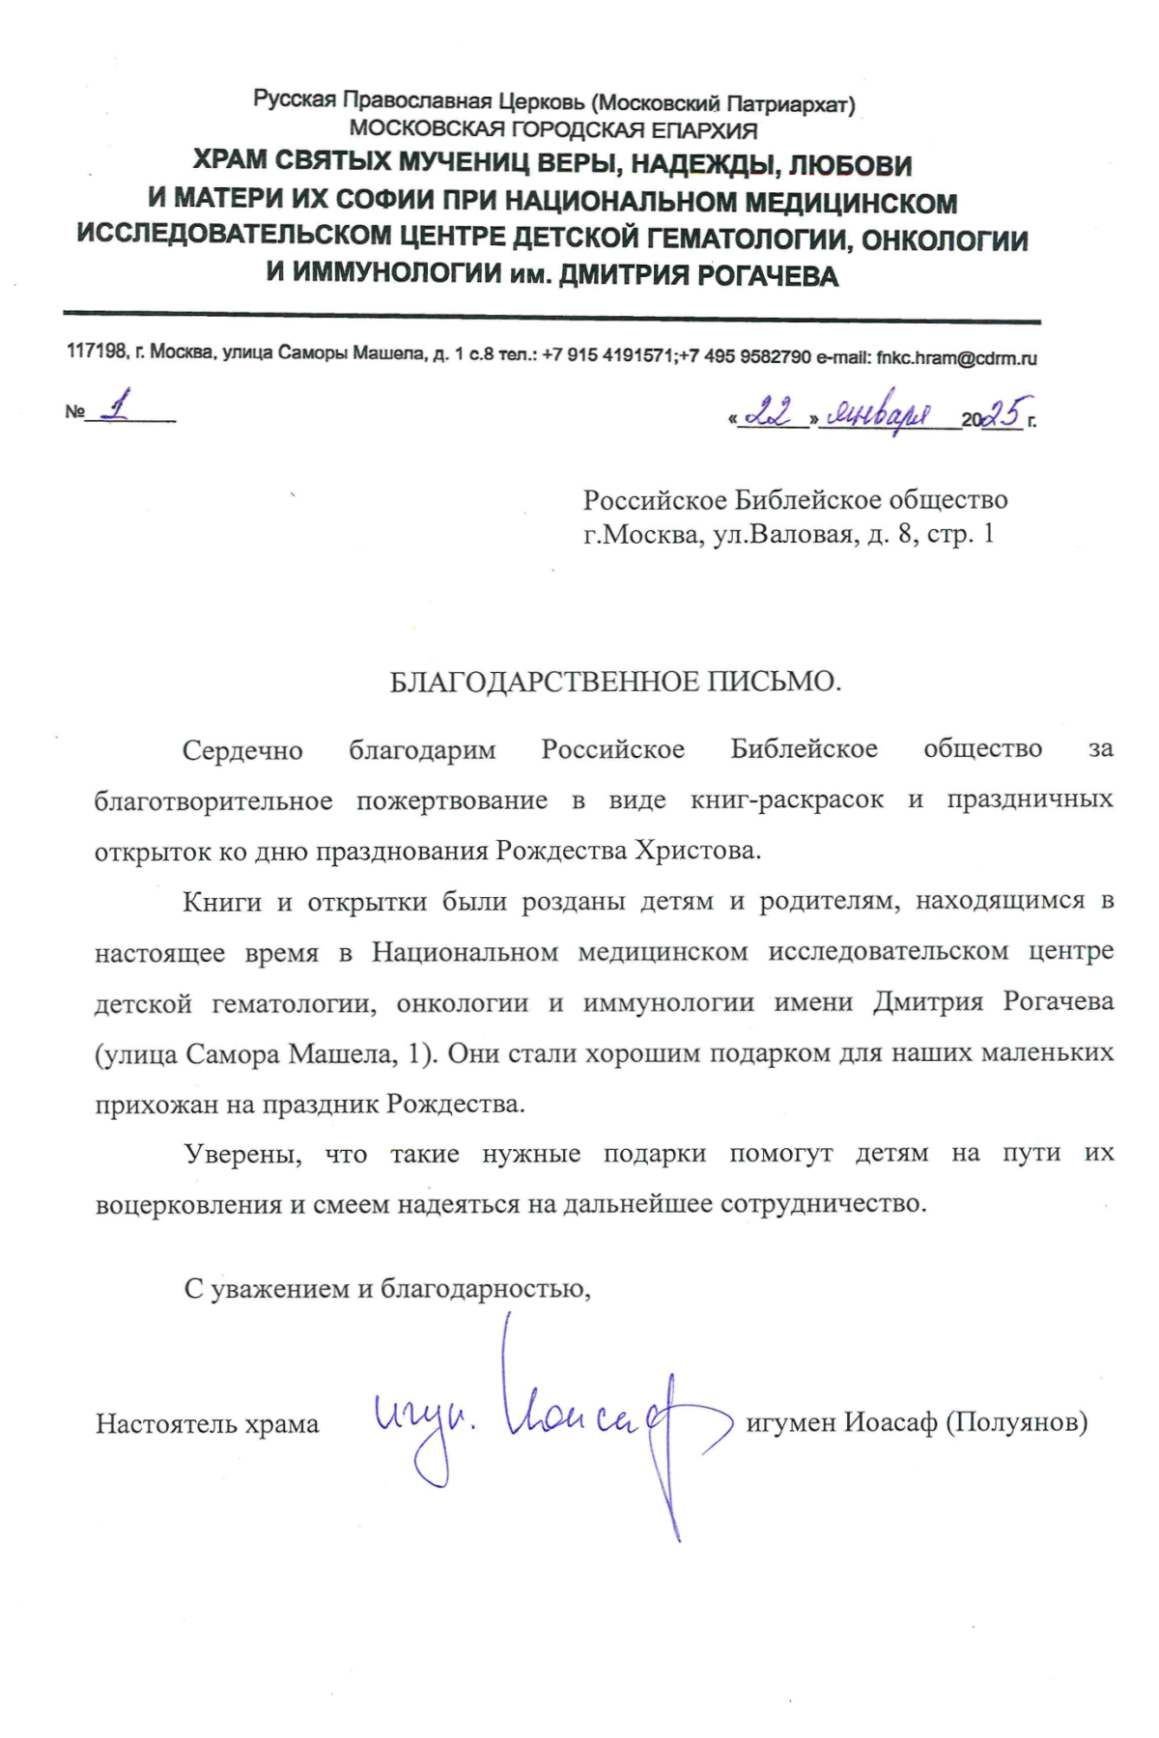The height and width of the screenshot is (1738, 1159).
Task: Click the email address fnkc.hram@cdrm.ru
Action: coord(956,357)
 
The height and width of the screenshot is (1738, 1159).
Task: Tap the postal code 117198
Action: coord(97,352)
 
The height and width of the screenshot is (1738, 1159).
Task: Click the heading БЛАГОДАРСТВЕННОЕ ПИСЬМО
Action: coord(615,682)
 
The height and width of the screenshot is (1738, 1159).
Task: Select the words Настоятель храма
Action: coord(207,1424)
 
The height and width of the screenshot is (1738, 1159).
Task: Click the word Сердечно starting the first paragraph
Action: coord(242,750)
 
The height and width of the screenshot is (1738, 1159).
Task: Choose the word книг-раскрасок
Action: coord(786,799)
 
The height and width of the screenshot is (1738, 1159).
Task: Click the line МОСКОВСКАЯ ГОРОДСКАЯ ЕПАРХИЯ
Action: coord(553,129)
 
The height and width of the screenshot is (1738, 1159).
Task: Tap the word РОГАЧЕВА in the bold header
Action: coord(767,276)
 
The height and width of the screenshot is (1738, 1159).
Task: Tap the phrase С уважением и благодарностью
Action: coord(387,1288)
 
